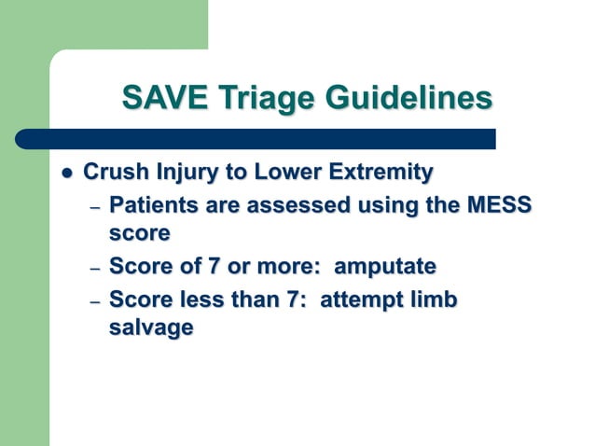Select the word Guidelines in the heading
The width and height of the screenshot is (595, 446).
point(411,98)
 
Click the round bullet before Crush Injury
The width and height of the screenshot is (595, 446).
point(65,174)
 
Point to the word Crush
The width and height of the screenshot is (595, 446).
point(114,173)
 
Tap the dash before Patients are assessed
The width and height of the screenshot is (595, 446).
point(94,205)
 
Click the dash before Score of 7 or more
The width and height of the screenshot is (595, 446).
point(94,268)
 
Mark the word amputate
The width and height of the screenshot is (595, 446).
point(384,266)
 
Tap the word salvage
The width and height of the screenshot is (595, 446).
point(151,328)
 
